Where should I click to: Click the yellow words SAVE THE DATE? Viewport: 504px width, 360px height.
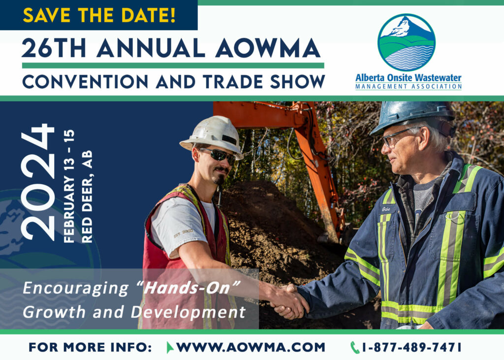[x=99, y=15]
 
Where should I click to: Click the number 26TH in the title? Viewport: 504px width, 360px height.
[x=54, y=48]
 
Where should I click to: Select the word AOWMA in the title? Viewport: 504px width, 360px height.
[x=268, y=48]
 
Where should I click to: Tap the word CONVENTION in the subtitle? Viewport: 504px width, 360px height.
[x=85, y=82]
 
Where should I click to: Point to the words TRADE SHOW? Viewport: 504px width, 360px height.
[x=264, y=82]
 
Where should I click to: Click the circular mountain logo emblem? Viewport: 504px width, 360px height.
[x=407, y=42]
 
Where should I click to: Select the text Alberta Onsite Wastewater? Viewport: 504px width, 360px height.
[x=408, y=78]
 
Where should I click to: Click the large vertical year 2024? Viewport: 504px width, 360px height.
[x=37, y=182]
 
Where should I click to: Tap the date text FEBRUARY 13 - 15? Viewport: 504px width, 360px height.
[x=69, y=186]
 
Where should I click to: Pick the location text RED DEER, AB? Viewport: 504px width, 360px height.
[x=87, y=196]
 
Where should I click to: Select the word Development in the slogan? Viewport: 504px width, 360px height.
[x=188, y=312]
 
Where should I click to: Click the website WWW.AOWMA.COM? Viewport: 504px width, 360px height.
[x=251, y=348]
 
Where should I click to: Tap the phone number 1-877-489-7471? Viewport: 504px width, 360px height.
[x=412, y=348]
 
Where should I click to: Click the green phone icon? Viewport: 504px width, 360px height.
[x=354, y=348]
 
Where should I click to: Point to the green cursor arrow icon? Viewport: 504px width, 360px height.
[x=170, y=348]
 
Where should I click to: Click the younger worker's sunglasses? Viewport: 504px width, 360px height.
[x=218, y=156]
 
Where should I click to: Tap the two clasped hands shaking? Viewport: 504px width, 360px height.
[x=287, y=301]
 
